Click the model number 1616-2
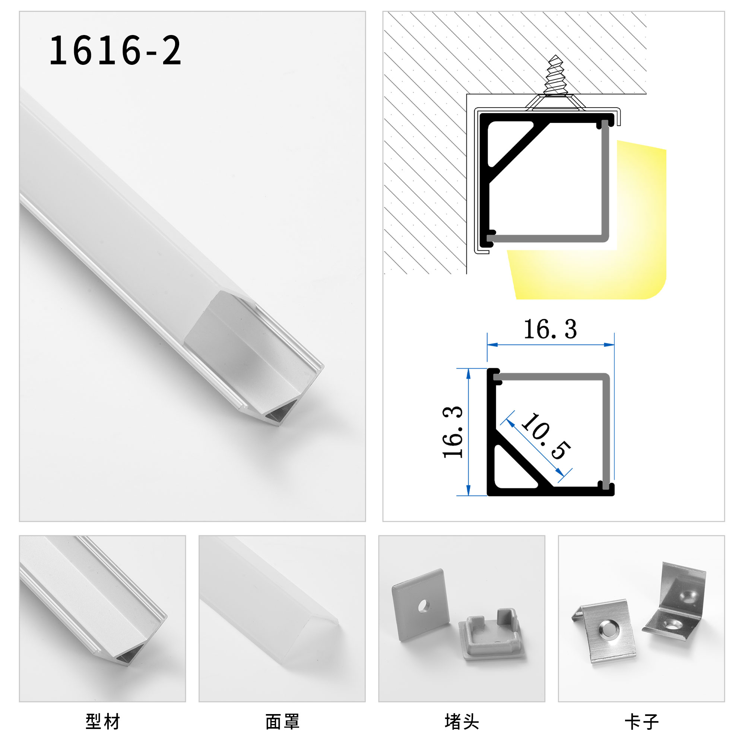point(115,50)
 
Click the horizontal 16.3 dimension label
point(550,330)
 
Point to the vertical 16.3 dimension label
point(453,432)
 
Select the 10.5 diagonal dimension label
point(545,436)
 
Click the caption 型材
point(102,722)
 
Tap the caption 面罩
point(282,722)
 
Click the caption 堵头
point(462,722)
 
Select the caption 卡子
point(641,722)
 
